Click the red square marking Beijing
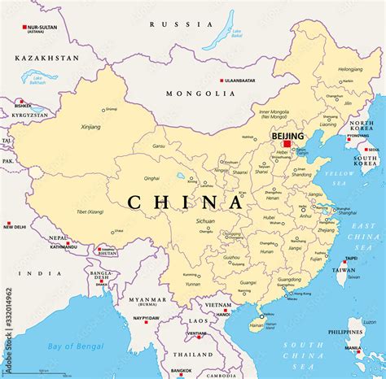pos(287,145)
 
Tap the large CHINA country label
pos(185,202)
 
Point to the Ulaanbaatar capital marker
pos(222,81)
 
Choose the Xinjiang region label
pos(90,127)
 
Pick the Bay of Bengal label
pos(78,346)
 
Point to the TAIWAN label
pos(344,270)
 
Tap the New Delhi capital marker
pos(8,222)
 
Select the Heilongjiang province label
pos(350,69)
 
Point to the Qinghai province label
pos(151,177)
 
